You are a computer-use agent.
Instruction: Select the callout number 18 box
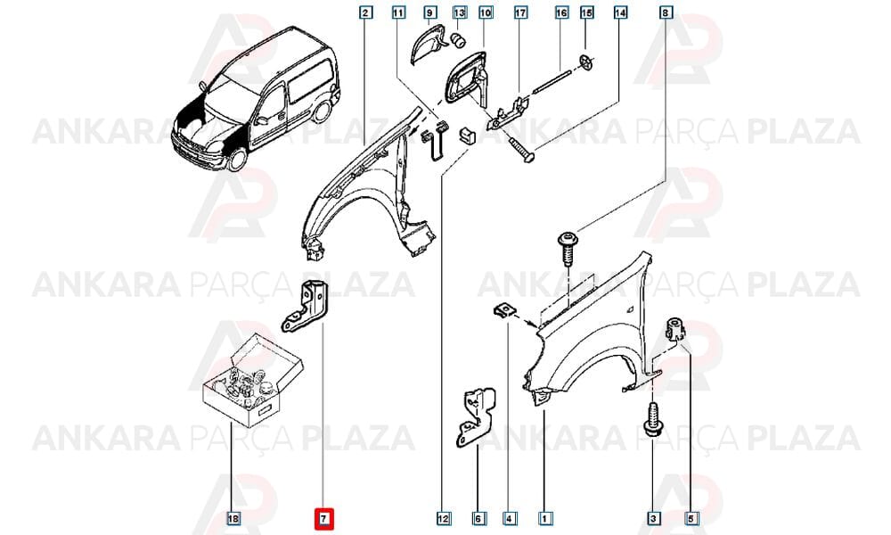coord(233,519)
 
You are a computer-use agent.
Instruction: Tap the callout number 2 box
coord(366,12)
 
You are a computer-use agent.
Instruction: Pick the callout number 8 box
coord(666,12)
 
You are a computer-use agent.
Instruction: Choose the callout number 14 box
coord(620,12)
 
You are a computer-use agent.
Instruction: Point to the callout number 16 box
coord(561,12)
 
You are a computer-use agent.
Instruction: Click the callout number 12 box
coord(443,519)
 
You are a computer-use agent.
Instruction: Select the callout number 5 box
coord(692,519)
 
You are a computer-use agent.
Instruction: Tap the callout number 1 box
coord(544,519)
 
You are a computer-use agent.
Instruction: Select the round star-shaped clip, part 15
coord(585,62)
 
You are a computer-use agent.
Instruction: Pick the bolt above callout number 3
coord(652,420)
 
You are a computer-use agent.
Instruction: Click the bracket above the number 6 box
coord(475,416)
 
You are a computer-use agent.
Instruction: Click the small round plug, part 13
coord(457,40)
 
